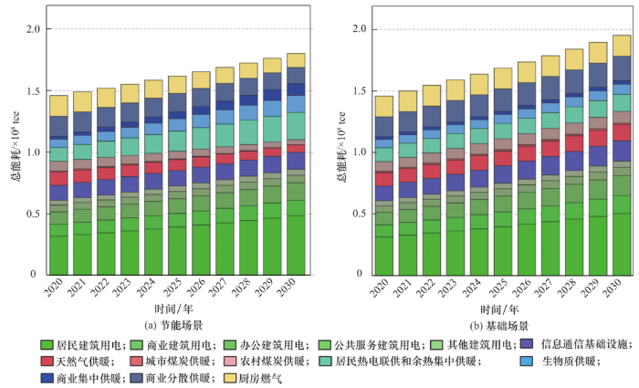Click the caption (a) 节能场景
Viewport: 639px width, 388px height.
(x=173, y=325)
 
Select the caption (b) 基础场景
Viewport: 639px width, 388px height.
(x=495, y=325)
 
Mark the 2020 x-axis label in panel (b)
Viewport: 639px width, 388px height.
(x=381, y=293)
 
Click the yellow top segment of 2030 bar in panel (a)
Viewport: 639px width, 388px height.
(x=296, y=60)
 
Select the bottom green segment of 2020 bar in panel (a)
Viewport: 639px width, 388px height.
(x=58, y=255)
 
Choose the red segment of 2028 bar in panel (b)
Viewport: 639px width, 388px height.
(x=573, y=142)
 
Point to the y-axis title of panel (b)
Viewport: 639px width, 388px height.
(x=340, y=152)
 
